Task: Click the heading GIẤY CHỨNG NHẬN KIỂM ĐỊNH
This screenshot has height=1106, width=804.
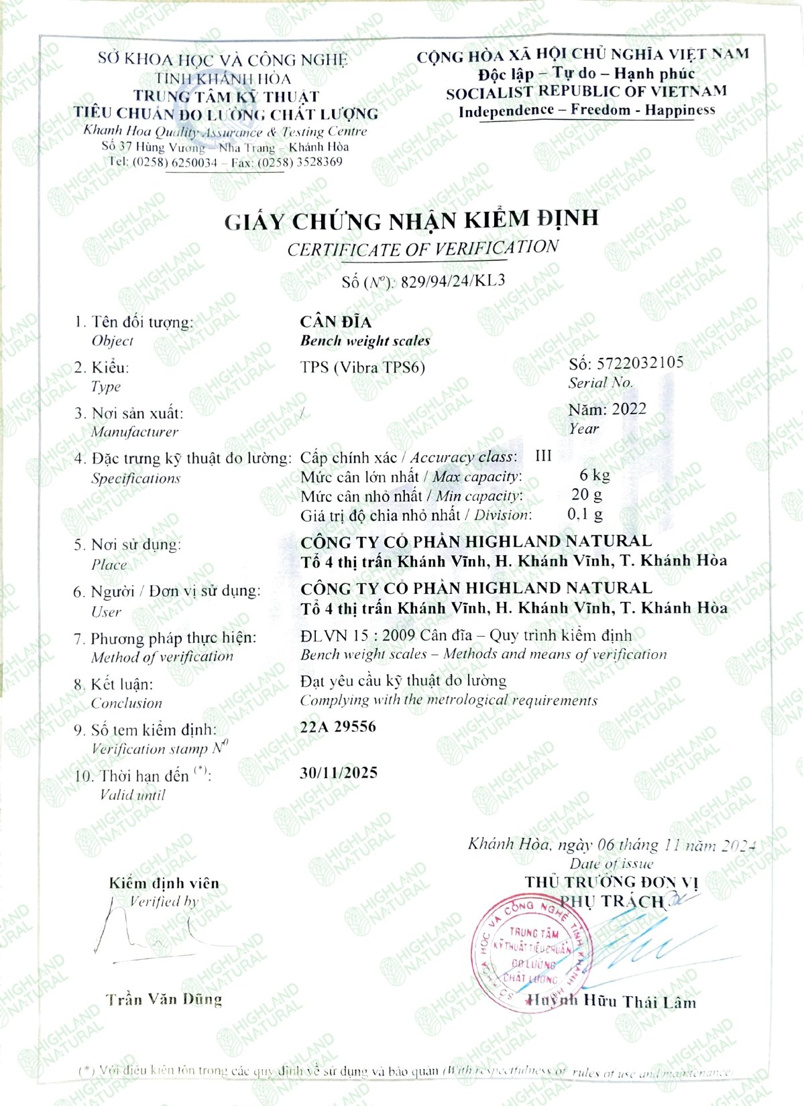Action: click(x=411, y=220)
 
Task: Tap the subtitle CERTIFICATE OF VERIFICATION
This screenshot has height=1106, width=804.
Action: click(x=422, y=249)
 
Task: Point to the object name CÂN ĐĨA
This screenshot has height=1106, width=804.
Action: click(x=335, y=322)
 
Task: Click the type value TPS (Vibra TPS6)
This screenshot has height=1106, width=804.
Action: click(x=362, y=367)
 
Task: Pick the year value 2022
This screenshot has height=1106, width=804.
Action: click(x=628, y=409)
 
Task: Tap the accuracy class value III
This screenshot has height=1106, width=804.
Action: click(x=543, y=456)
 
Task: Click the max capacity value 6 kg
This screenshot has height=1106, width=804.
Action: click(x=594, y=475)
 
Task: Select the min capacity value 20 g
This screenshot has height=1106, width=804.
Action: click(x=587, y=495)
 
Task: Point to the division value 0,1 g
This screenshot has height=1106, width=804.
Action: click(x=585, y=514)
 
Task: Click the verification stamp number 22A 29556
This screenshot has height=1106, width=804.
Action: click(x=338, y=727)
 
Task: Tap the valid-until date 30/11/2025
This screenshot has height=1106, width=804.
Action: click(x=339, y=772)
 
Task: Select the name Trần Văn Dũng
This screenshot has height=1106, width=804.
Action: click(x=164, y=999)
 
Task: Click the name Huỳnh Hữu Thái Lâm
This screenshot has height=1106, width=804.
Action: click(x=612, y=1001)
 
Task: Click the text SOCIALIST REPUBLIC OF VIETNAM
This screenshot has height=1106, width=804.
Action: click(x=586, y=92)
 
